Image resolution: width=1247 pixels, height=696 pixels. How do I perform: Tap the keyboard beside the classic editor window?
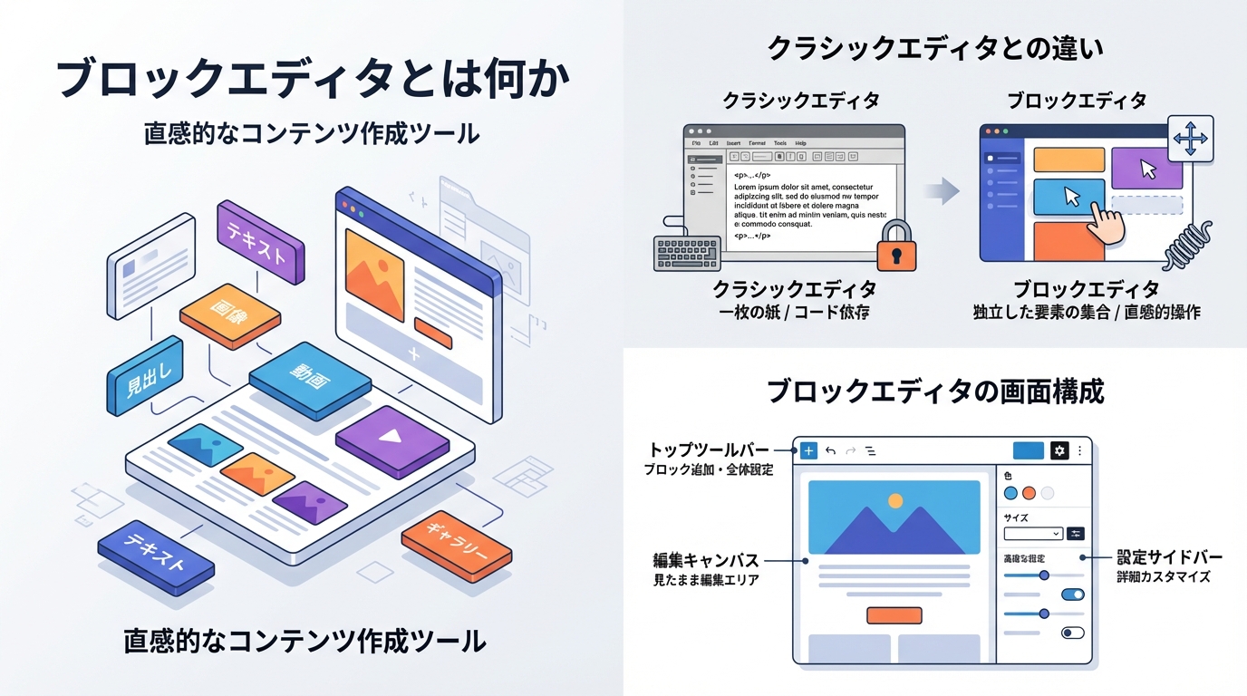click(687, 253)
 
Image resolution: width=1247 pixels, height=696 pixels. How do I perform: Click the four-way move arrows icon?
click(1190, 139)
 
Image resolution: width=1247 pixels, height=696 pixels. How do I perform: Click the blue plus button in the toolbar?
click(808, 450)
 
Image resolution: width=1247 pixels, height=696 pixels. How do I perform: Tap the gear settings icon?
click(1058, 450)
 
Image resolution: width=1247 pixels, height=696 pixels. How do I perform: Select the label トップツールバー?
click(709, 450)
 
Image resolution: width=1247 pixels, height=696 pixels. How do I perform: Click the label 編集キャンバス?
click(706, 560)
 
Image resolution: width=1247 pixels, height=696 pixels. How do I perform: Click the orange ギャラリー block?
click(456, 546)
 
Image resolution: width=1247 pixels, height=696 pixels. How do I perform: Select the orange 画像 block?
click(228, 314)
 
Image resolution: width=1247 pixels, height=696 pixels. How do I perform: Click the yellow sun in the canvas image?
click(895, 500)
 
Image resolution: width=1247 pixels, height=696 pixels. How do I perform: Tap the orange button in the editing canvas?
click(894, 615)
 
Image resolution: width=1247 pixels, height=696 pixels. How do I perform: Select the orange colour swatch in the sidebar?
click(1029, 493)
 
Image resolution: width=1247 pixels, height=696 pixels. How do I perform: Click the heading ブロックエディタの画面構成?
click(935, 391)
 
